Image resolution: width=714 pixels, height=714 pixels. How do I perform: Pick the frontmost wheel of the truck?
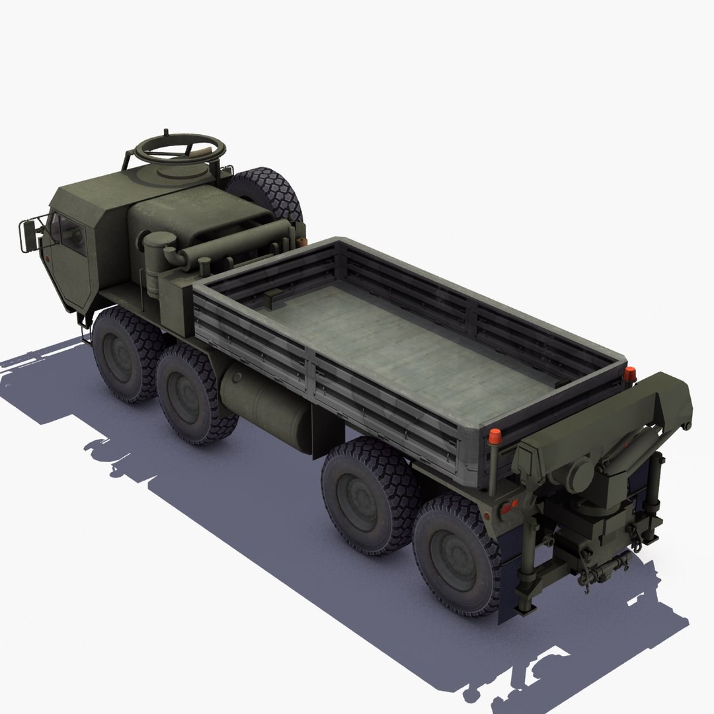click(123, 354)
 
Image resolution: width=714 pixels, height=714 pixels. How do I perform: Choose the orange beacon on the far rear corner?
click(629, 374)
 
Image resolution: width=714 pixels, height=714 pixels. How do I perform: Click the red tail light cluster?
click(508, 508)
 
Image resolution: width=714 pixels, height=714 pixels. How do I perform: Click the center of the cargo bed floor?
click(410, 344)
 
